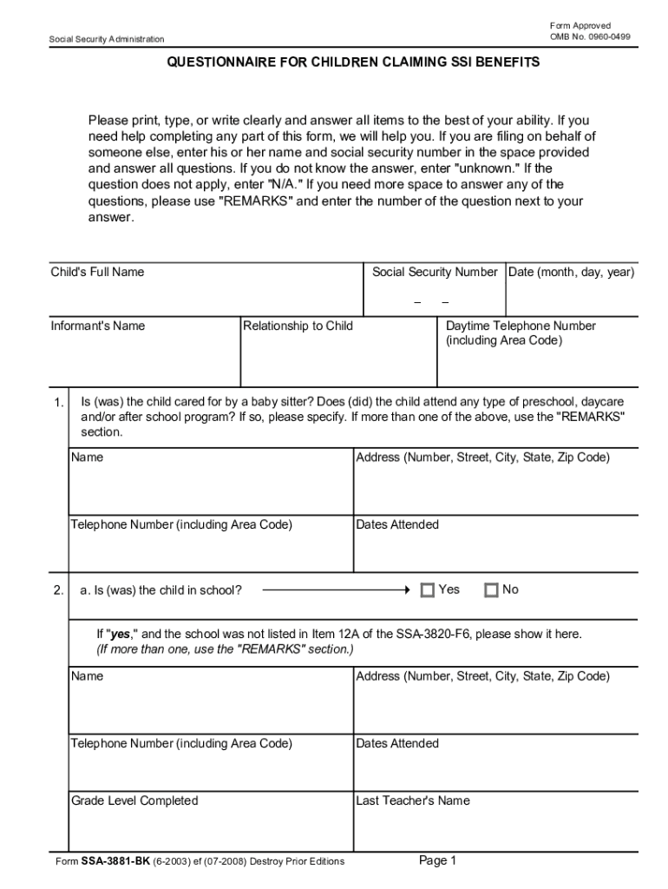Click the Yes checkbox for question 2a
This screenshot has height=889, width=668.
(427, 590)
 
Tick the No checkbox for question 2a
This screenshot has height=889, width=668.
(491, 590)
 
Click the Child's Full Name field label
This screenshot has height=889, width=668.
(97, 272)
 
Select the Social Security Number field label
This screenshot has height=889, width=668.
(435, 272)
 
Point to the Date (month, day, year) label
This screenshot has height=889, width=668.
(572, 272)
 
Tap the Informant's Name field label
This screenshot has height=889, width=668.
(98, 326)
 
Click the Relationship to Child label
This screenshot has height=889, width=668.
(298, 326)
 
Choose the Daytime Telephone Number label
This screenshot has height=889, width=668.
(521, 326)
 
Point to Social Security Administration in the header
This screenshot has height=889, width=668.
(107, 38)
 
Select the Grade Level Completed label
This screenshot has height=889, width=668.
(134, 800)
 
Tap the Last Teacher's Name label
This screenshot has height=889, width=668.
(412, 800)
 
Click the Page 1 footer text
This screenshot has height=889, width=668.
(437, 860)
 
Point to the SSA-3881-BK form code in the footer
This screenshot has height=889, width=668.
(115, 861)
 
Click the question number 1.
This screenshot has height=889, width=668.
(57, 403)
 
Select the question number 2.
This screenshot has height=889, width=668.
(57, 590)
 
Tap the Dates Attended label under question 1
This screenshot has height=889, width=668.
(397, 524)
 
